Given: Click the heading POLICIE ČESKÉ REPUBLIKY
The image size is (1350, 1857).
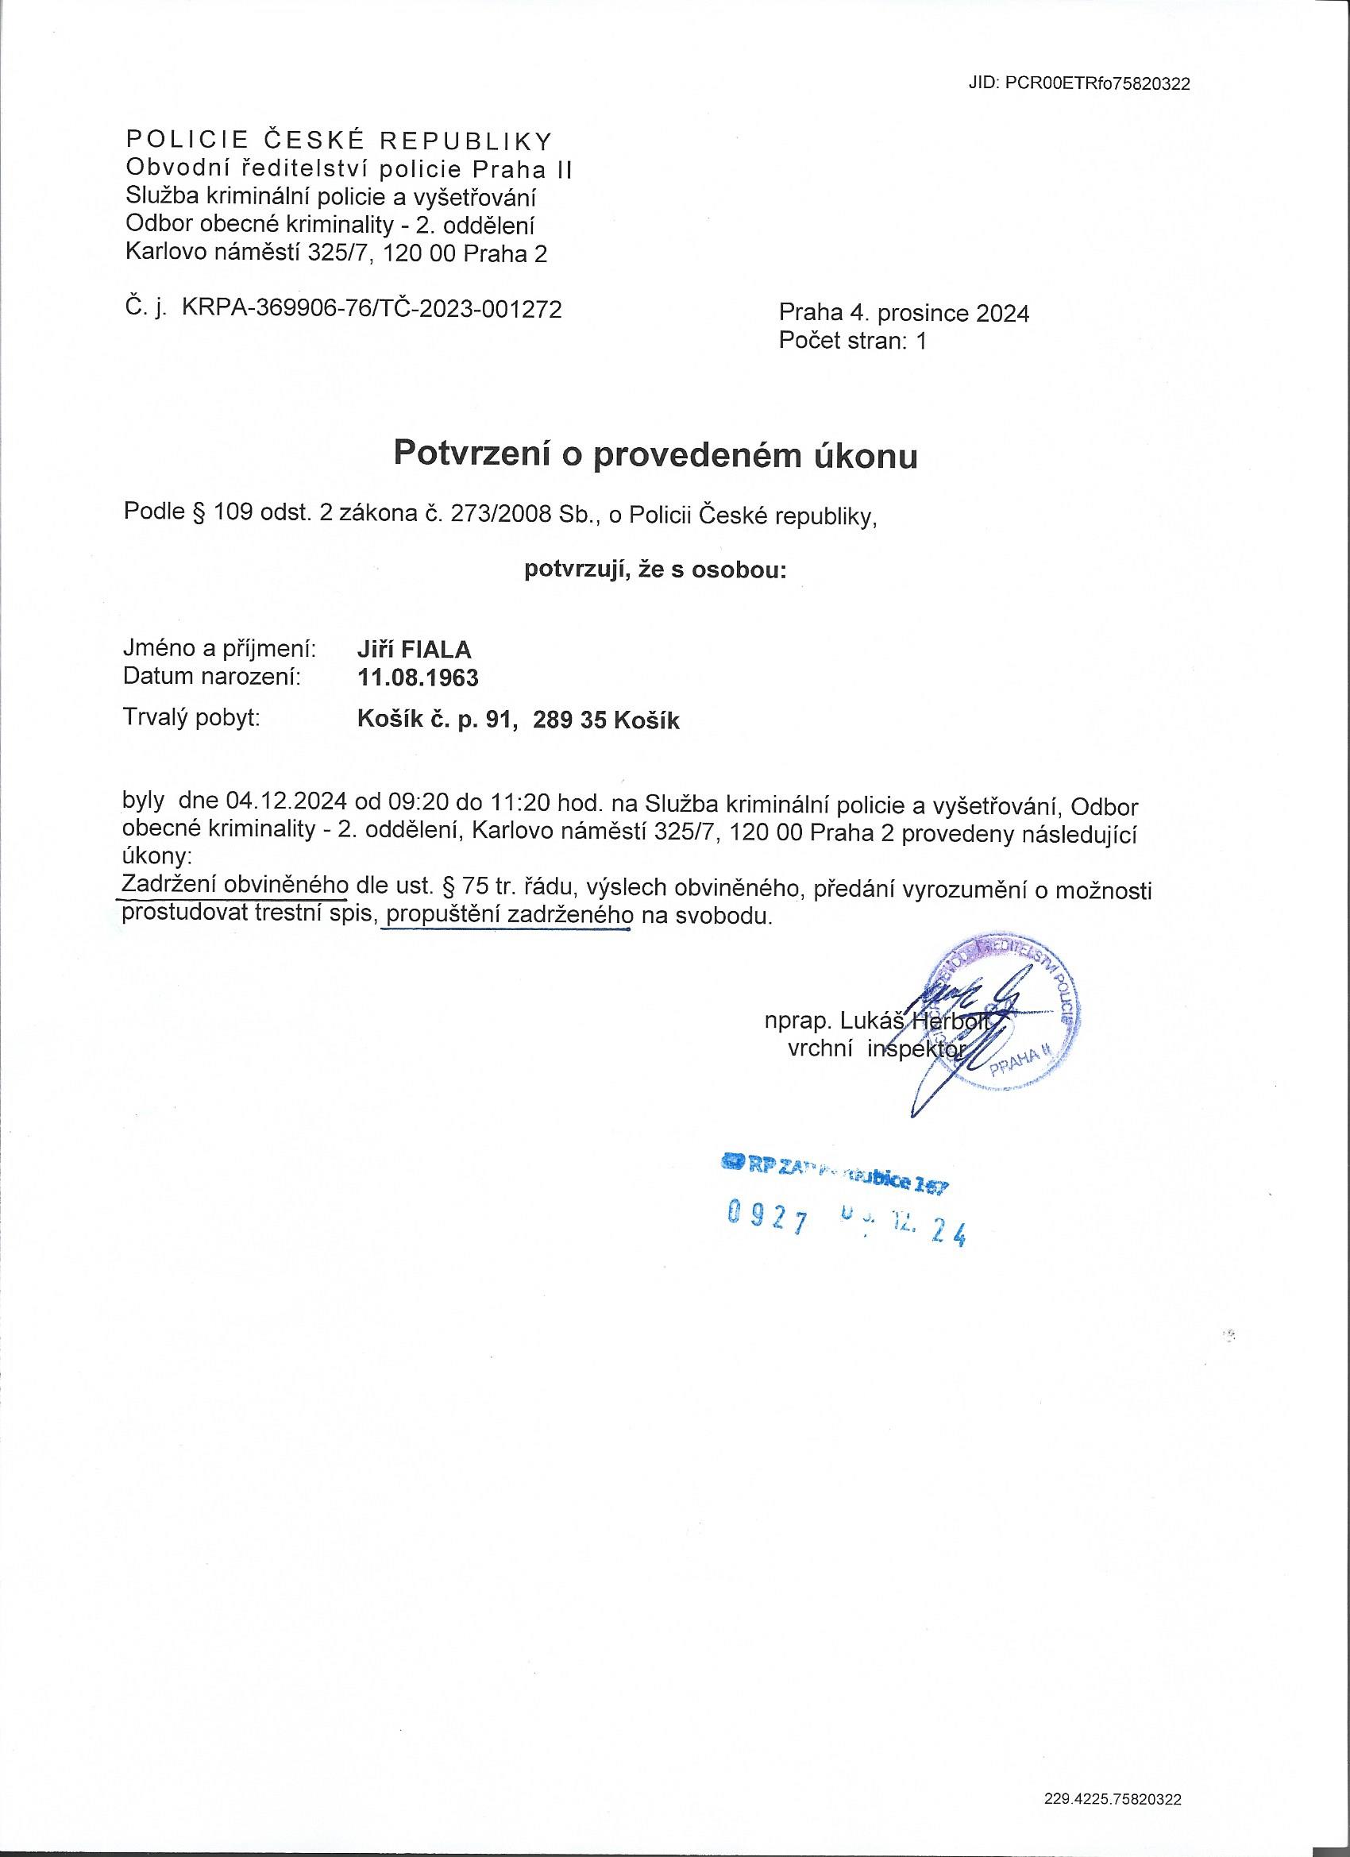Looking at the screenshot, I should coord(338,141).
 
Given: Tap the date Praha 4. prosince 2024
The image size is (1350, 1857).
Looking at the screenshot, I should coord(904,314).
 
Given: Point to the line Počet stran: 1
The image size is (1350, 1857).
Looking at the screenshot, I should coord(852,341).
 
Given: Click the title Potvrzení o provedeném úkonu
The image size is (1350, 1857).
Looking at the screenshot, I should coord(656,455).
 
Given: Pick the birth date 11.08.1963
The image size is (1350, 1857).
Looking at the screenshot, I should coord(418,678).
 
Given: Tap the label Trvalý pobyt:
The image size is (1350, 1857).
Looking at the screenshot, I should coord(191,718).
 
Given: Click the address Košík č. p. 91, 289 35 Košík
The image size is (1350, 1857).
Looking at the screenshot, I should coord(519,720).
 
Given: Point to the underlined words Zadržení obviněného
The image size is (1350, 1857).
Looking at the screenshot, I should coord(236,885).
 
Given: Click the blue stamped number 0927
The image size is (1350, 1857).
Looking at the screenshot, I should coord(768,1219).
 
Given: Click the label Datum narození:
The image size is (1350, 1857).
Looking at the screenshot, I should coord(211,678).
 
